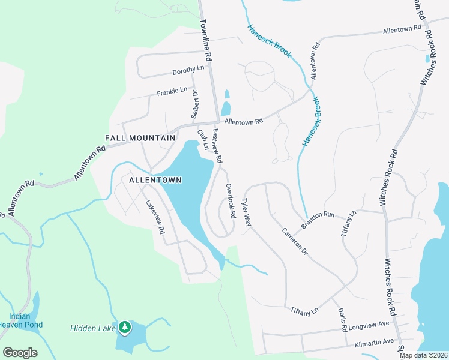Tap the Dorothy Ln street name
pyautogui.click(x=188, y=70)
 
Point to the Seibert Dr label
pyautogui.click(x=195, y=104)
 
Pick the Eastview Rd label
pyautogui.click(x=217, y=146)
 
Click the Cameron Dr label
pyautogui.click(x=295, y=241)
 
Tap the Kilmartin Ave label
pyautogui.click(x=374, y=341)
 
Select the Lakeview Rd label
pyautogui.click(x=155, y=217)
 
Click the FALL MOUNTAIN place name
pyautogui.click(x=140, y=138)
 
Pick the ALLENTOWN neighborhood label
pyautogui.click(x=155, y=179)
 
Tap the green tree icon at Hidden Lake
pyautogui.click(x=125, y=327)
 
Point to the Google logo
pyautogui.click(x=20, y=353)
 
